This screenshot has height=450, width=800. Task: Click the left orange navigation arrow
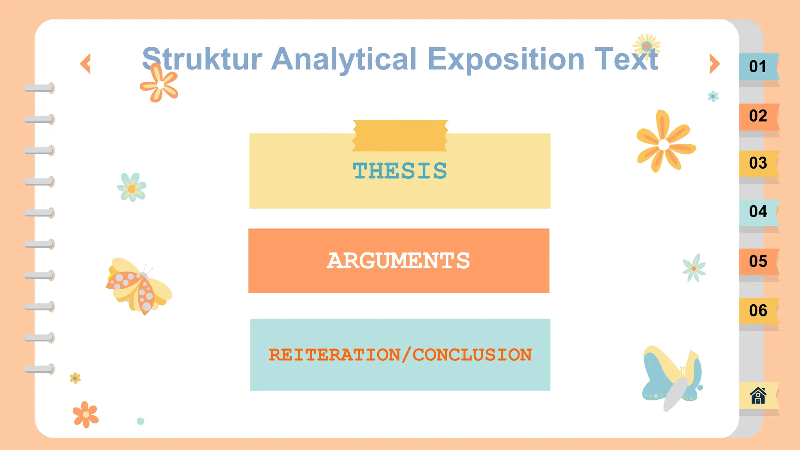point(86,64)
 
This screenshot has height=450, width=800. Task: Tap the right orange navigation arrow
point(714,64)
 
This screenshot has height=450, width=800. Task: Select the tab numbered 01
point(758,66)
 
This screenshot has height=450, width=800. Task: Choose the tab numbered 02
point(758,116)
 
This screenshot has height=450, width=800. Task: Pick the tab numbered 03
point(758,163)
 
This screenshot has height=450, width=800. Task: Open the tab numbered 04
point(758,212)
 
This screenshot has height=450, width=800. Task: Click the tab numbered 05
point(758,261)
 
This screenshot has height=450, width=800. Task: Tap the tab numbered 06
point(758,311)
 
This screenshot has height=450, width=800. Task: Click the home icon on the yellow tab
point(758,395)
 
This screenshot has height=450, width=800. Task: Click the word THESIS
point(400,171)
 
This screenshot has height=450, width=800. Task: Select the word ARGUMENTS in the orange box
point(398,261)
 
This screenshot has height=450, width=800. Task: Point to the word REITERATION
point(334,355)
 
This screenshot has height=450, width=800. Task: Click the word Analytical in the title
point(344,59)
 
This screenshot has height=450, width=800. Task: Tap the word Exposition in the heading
point(506,59)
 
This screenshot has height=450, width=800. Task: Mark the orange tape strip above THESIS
point(400,136)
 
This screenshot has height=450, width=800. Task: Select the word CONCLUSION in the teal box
point(472,355)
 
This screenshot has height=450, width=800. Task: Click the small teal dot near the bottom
point(141,421)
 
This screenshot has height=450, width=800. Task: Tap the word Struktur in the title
point(202,59)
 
